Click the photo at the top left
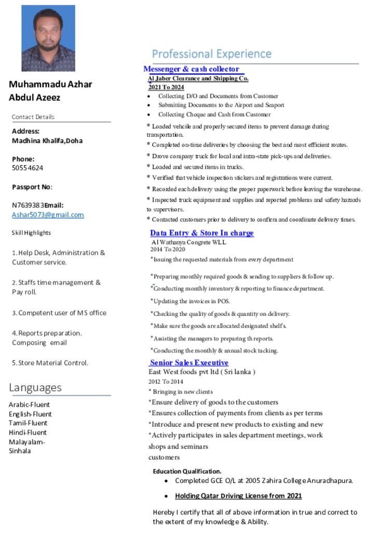pyautogui.click(x=48, y=38)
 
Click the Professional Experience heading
pyautogui.click(x=211, y=54)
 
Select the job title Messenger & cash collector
pyautogui.click(x=191, y=69)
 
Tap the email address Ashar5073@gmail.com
pyautogui.click(x=48, y=215)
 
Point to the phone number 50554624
pyautogui.click(x=28, y=168)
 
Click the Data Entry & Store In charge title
pyautogui.click(x=202, y=233)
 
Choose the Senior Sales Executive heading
pyautogui.click(x=189, y=362)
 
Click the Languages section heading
pyautogui.click(x=35, y=387)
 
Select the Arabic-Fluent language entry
pyautogui.click(x=30, y=404)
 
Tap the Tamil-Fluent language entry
pyautogui.click(x=28, y=423)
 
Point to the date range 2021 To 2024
pyautogui.click(x=166, y=87)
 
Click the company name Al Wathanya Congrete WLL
pyautogui.click(x=189, y=242)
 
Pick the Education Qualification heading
pyautogui.click(x=187, y=471)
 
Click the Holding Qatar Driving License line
pyautogui.click(x=238, y=496)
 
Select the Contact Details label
pyautogui.click(x=33, y=117)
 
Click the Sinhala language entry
pyautogui.click(x=20, y=451)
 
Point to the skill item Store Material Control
pyautogui.click(x=50, y=363)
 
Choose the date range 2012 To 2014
pyautogui.click(x=166, y=382)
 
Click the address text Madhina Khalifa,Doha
pyautogui.click(x=47, y=141)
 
